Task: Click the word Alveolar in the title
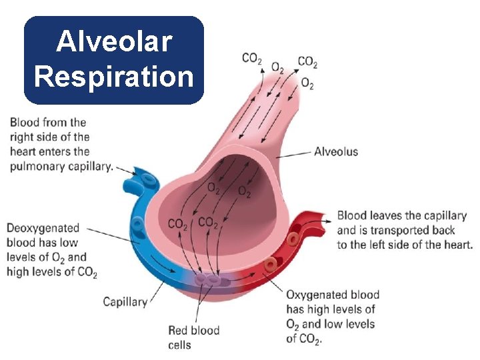coord(113,42)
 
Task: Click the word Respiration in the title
coord(113,76)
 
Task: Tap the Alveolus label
coord(336,151)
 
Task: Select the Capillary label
coord(125,302)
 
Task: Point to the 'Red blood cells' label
coord(193,330)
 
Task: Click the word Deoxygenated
coord(43,228)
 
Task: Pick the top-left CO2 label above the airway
coord(251,59)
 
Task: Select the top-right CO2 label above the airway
coord(307,62)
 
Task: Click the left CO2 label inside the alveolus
coord(178,224)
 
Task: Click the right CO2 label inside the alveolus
coord(208,222)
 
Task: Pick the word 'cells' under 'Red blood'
coord(180,345)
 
